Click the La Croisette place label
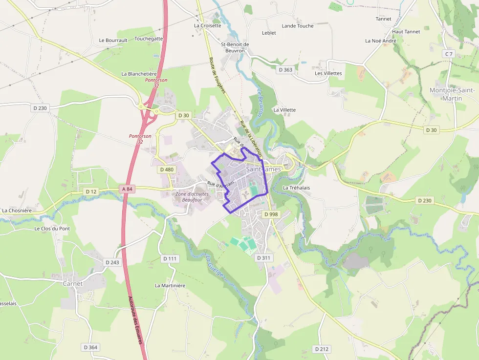207,25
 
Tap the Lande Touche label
298,26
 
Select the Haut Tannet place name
406,32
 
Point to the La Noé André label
381,41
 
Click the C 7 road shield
449,53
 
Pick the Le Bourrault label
113,40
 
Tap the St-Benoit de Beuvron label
235,47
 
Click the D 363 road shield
285,70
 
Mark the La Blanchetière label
139,74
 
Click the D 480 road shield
167,169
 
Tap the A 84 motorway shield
127,189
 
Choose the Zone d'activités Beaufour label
192,197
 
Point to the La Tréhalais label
297,188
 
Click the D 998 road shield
271,214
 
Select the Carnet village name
73,283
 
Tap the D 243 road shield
112,262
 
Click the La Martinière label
170,285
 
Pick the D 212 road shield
321,349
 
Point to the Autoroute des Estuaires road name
135,320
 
